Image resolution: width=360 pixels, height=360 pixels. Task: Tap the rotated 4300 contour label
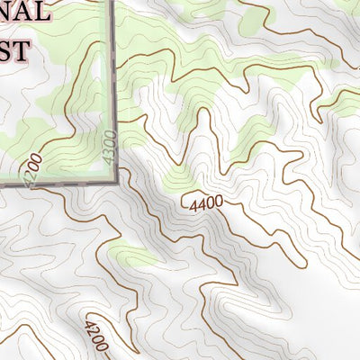click(110, 147)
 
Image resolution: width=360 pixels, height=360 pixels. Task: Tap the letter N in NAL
click(4, 13)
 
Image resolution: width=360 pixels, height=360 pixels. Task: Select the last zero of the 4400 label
click(218, 201)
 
